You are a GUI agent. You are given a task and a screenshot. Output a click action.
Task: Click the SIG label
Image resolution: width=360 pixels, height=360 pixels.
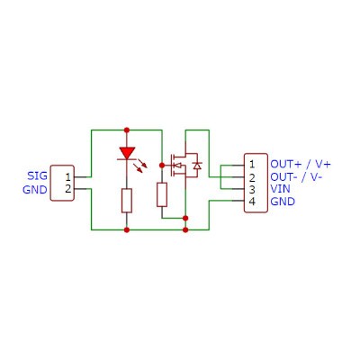[x=37, y=175]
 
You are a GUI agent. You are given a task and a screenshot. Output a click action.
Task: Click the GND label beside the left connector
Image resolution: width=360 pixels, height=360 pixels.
[x=35, y=190]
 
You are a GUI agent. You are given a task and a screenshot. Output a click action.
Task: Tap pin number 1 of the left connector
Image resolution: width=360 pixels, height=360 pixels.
[x=68, y=177]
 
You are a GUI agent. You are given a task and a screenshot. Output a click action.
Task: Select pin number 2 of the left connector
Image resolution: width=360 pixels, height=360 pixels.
[x=68, y=189]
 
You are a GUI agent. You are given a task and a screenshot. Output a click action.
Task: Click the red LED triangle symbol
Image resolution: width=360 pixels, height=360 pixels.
[x=127, y=153]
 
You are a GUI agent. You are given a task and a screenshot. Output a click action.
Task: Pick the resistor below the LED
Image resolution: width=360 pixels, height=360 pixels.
[x=127, y=201]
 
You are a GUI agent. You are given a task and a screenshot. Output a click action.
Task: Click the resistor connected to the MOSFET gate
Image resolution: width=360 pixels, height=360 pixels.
[x=162, y=194]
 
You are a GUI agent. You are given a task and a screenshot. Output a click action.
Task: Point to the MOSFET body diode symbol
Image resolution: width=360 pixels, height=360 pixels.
[x=197, y=166]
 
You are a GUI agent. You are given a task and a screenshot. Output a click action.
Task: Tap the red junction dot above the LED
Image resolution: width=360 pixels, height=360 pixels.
[x=127, y=130]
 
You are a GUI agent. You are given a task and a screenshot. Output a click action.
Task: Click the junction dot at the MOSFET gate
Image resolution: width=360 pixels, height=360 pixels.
[x=162, y=166]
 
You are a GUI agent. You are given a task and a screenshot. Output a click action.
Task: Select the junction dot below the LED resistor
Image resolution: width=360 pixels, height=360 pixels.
[x=127, y=230]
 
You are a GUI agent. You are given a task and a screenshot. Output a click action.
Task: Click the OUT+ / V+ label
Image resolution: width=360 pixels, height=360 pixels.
[x=301, y=164]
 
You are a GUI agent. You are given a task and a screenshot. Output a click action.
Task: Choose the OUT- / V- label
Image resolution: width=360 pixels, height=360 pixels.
[x=296, y=177]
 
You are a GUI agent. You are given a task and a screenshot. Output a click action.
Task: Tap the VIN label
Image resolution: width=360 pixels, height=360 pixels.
[x=281, y=189]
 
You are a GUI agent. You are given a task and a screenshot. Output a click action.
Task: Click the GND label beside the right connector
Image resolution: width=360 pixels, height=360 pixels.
[x=283, y=202]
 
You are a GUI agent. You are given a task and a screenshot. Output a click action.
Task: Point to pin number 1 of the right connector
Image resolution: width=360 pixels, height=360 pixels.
[x=252, y=165]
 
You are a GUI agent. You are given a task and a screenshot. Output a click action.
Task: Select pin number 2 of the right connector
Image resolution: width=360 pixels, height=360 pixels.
[x=252, y=177]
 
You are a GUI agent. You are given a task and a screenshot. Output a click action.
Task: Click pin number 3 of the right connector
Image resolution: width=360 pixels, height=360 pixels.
[x=252, y=190]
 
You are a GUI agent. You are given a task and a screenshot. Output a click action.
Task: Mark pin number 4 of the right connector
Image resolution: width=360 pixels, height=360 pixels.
[x=252, y=202]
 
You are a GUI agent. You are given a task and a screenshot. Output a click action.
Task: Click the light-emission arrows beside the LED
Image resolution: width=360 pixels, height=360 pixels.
[x=143, y=166]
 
